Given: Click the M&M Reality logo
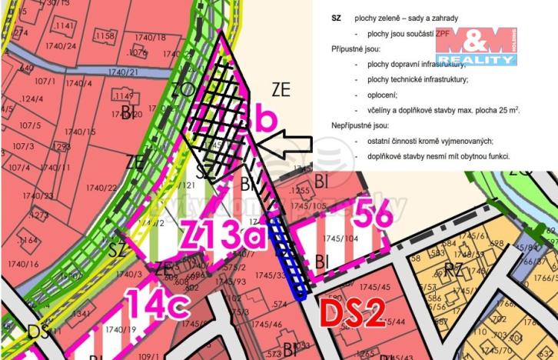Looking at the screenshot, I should [476, 47].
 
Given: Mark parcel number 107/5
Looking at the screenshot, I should [31, 125].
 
